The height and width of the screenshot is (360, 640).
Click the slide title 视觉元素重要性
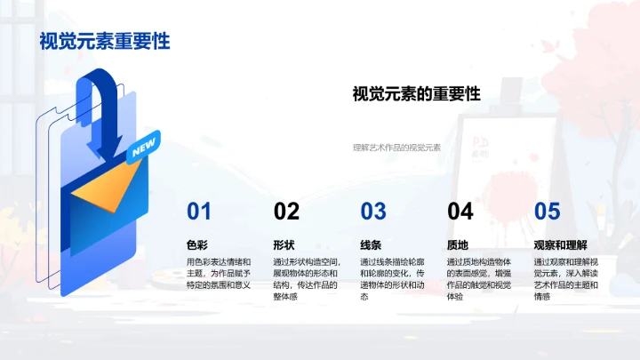[105, 41]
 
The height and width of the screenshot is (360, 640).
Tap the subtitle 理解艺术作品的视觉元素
[396, 148]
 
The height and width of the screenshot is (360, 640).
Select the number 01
[199, 212]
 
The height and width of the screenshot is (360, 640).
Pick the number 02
[286, 212]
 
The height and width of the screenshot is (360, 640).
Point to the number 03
[373, 212]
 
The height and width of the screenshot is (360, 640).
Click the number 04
[460, 212]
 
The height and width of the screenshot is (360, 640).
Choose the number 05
[547, 212]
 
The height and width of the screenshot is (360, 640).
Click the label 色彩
[196, 244]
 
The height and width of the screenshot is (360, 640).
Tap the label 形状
[284, 244]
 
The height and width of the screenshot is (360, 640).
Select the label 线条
[371, 244]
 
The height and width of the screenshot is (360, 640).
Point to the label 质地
[457, 244]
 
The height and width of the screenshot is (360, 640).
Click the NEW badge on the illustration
[142, 150]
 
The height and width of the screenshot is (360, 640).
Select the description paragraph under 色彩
[219, 273]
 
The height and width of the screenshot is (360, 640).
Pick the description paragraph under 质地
[479, 278]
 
